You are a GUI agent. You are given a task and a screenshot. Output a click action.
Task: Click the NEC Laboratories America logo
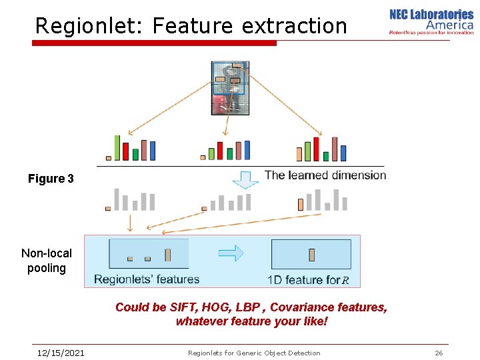pyautogui.click(x=431, y=21)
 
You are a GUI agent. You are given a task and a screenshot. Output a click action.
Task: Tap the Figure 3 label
pyautogui.click(x=51, y=179)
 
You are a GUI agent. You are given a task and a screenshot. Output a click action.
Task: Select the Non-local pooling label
pyautogui.click(x=47, y=261)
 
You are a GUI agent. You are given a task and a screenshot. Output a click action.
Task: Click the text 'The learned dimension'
pyautogui.click(x=325, y=175)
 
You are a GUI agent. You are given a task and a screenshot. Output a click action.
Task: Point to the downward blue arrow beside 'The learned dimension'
pyautogui.click(x=245, y=179)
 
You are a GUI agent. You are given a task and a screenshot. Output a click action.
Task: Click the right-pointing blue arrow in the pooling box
pyautogui.click(x=231, y=253)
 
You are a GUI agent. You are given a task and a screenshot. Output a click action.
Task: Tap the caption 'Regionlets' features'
pyautogui.click(x=147, y=279)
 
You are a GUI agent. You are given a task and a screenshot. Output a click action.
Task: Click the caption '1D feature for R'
pyautogui.click(x=308, y=280)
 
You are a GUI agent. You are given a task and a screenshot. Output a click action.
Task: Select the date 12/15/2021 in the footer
pyautogui.click(x=61, y=353)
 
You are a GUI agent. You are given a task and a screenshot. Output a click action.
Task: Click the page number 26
pyautogui.click(x=439, y=353)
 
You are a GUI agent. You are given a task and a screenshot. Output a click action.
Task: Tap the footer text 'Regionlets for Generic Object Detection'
pyautogui.click(x=254, y=353)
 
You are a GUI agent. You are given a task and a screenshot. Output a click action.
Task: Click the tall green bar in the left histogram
pyautogui.click(x=117, y=148)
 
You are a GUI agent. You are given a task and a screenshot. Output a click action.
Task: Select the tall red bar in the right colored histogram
pyautogui.click(x=316, y=149)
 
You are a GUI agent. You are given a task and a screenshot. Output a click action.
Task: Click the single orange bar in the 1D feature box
pyautogui.click(x=311, y=255)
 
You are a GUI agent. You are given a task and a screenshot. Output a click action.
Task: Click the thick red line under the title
pyautogui.click(x=154, y=43)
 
